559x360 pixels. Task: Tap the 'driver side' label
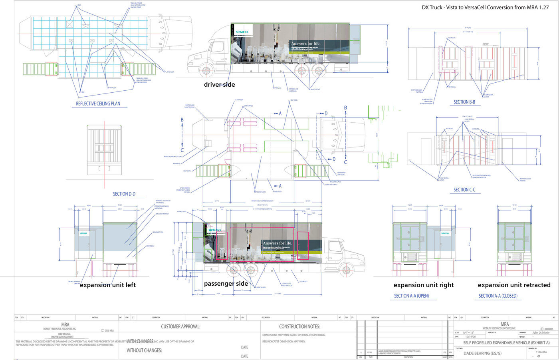click(x=219, y=85)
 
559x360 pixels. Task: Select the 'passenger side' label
click(x=226, y=284)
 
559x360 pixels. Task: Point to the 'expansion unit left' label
click(x=108, y=285)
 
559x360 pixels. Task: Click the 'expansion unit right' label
click(x=424, y=285)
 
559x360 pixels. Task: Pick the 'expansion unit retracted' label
click(x=514, y=285)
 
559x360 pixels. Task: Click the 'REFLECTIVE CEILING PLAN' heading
click(x=98, y=104)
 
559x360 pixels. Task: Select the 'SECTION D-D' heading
click(x=124, y=194)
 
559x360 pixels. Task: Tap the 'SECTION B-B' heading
click(x=464, y=102)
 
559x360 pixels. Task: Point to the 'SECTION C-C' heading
click(x=464, y=190)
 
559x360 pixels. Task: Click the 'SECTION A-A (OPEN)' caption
click(x=411, y=296)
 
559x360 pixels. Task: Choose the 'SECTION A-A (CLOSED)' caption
click(x=498, y=296)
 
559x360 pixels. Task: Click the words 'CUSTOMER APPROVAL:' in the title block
click(x=180, y=327)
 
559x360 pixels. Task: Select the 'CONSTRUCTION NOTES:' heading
click(x=299, y=327)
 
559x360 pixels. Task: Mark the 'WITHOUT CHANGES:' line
click(x=144, y=350)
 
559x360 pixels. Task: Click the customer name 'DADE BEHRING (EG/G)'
click(x=482, y=353)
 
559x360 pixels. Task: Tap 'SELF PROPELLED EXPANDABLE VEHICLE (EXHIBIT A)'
click(x=506, y=343)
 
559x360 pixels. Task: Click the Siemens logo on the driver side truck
click(x=242, y=32)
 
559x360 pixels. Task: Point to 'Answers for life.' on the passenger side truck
click(x=278, y=243)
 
